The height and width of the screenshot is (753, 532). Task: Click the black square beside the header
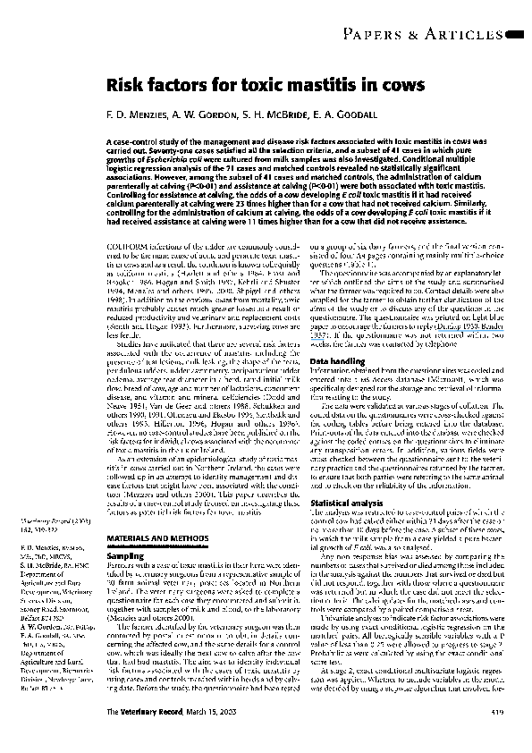coord(516,35)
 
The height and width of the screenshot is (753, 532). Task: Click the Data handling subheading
coord(335,360)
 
